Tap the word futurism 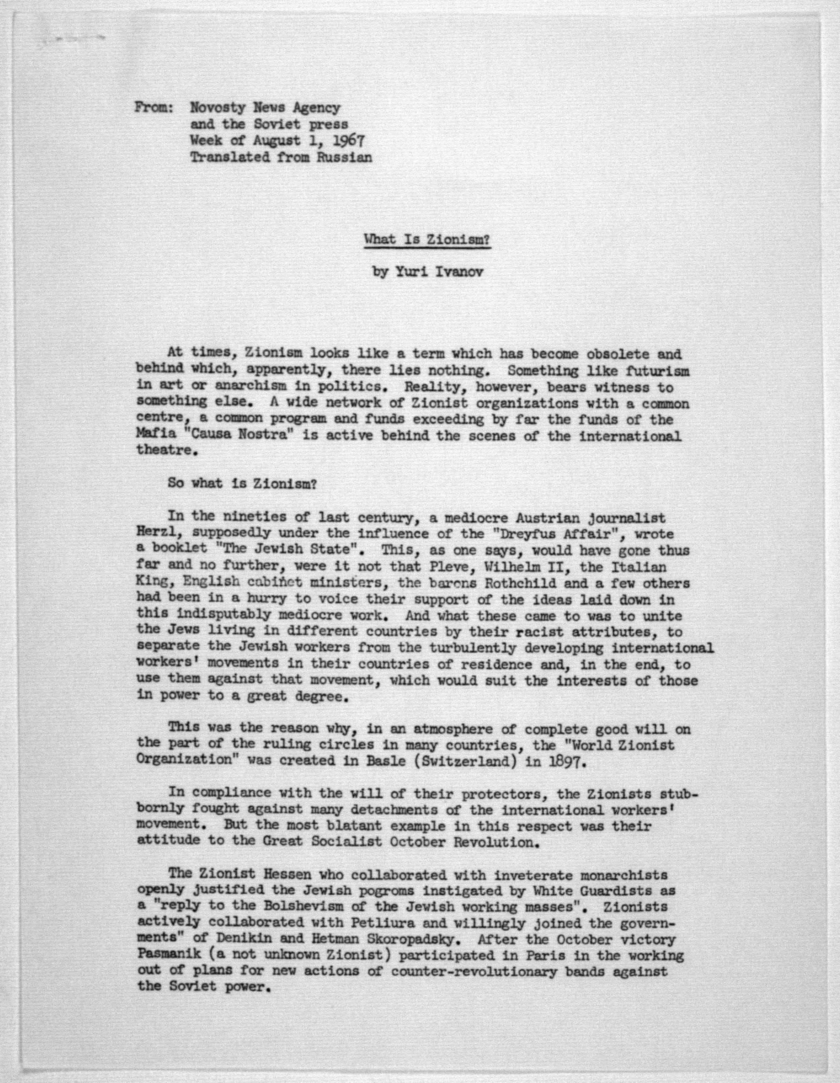click(x=658, y=371)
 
